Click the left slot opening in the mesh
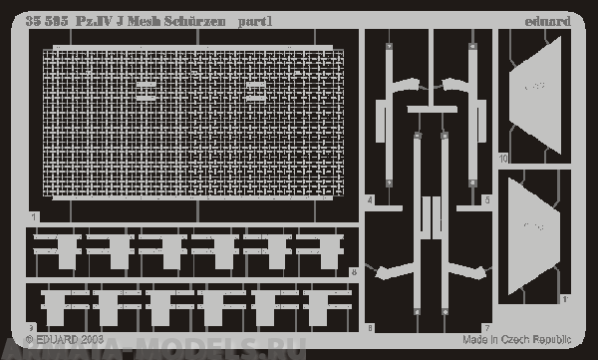147,90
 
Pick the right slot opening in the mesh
255,90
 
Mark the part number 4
370,200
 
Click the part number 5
487,200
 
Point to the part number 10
503,158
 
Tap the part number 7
487,327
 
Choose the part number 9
32,327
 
